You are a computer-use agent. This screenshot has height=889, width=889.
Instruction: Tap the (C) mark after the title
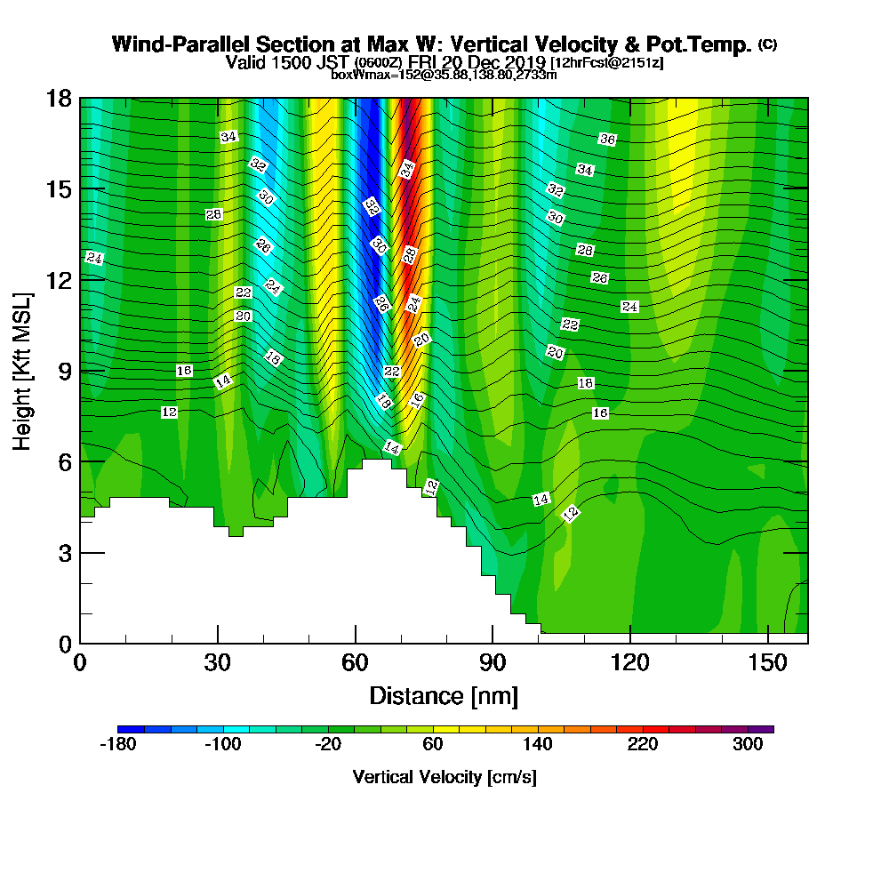point(767,44)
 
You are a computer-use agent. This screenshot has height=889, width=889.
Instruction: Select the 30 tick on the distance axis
point(217,662)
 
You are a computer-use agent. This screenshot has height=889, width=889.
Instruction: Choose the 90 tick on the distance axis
point(493,662)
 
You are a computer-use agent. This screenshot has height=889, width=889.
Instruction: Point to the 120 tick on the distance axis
point(629,662)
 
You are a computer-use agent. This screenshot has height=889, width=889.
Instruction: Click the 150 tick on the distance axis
point(767,662)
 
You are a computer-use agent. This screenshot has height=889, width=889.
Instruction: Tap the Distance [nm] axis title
point(444,694)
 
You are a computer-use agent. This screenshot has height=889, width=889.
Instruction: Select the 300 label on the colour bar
point(748,745)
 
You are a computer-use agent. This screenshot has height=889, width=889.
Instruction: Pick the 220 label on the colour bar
point(643,745)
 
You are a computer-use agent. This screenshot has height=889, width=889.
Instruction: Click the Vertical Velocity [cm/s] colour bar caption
point(444,777)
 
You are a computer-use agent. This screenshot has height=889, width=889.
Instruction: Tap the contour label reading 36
point(607,140)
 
